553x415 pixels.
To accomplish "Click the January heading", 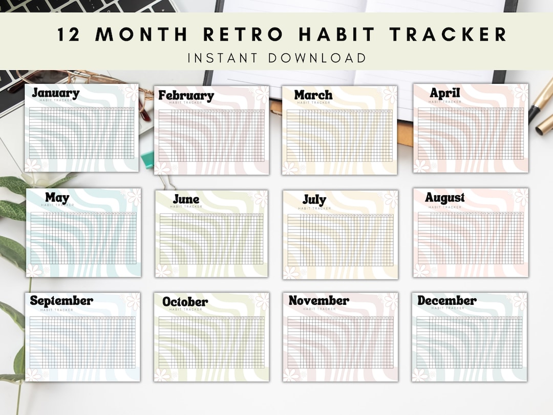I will tap(55, 93).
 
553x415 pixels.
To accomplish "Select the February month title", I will tap(185, 95).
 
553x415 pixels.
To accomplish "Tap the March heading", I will tap(313, 95).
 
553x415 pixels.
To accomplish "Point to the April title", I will tap(444, 93).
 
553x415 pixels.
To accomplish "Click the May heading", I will tap(57, 197).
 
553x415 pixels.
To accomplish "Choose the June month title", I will tap(186, 199).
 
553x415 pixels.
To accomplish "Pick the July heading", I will tap(314, 199).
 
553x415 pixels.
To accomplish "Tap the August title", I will tap(444, 198).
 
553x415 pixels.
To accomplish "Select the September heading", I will tap(61, 301).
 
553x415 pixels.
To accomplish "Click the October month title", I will tap(185, 302).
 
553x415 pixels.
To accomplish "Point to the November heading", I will tap(318, 301).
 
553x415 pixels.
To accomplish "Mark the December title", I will tap(446, 301).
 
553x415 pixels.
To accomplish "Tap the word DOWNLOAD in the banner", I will tap(317, 57).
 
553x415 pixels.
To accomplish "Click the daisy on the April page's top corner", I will tap(521, 93).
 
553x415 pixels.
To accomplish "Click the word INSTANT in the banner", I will tap(222, 57).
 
